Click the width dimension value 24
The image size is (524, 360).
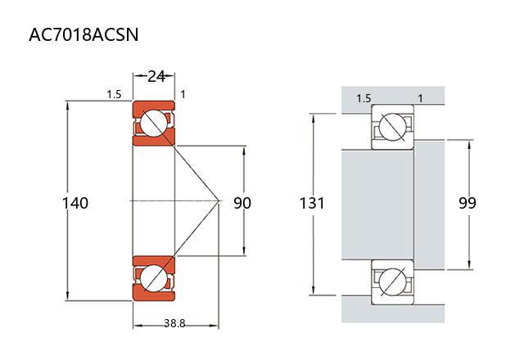[156, 76]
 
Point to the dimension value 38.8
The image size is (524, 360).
[174, 323]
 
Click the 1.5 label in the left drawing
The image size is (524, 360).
[114, 95]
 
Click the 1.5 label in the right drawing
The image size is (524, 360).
[364, 99]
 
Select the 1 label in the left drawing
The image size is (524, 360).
[183, 95]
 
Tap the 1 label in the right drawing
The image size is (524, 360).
[420, 99]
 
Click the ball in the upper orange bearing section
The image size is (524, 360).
[153, 124]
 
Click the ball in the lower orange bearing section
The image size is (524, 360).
[153, 278]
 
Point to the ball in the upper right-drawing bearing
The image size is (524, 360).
[391, 127]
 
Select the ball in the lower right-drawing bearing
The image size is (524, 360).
[391, 278]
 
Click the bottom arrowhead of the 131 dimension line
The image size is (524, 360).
[314, 290]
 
